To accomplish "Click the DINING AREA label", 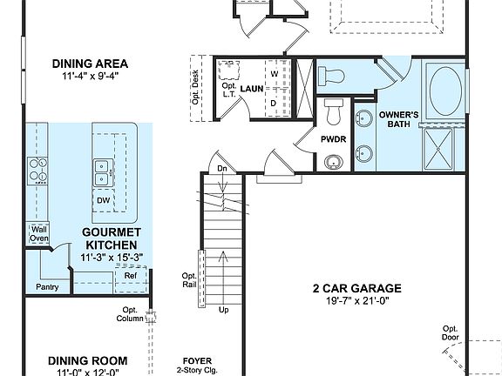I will tap(90, 64).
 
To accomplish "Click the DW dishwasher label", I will tap(103, 199).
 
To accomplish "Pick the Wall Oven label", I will tap(39, 233).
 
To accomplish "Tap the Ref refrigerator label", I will tap(130, 276).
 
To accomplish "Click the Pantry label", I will tap(46, 286).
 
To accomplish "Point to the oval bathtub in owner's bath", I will tap(446, 90).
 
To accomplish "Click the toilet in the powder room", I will tap(332, 111).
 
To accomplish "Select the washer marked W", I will tap(275, 74).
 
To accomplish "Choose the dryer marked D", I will tap(275, 103).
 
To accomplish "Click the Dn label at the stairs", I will tap(222, 168).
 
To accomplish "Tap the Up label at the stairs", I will tap(224, 310).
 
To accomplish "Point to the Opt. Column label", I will tap(130, 314).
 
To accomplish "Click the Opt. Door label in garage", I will tap(450, 332).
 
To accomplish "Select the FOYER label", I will tap(198, 360).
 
